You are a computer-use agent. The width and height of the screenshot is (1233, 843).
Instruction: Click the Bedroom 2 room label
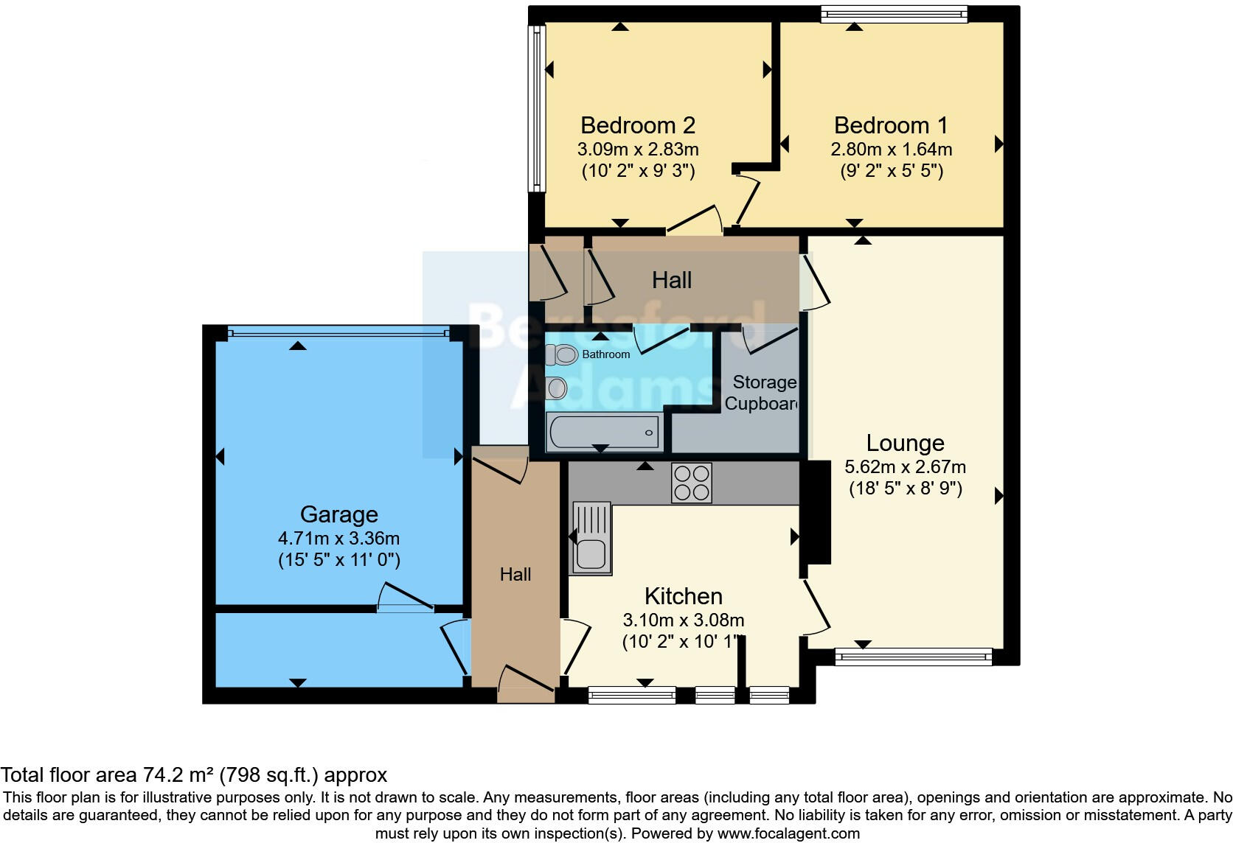[638, 125]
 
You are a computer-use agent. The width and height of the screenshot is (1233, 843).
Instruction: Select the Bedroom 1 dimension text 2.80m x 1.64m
[891, 150]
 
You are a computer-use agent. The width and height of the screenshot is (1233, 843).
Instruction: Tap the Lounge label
[905, 443]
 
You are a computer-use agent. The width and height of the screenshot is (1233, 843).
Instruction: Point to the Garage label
[338, 514]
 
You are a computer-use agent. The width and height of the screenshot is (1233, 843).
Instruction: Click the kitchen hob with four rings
[691, 483]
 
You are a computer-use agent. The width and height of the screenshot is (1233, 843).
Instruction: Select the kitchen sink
[591, 539]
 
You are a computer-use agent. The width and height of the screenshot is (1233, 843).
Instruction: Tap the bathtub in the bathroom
[602, 432]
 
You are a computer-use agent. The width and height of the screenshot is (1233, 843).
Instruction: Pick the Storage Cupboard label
[763, 393]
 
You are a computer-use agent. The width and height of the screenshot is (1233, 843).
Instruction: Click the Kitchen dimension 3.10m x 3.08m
[683, 620]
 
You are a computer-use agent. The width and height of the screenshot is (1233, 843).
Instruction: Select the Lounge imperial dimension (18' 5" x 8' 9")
[905, 489]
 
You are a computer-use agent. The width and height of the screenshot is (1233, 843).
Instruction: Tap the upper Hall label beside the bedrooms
[671, 280]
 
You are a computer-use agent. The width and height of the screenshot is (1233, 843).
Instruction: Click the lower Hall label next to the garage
[515, 575]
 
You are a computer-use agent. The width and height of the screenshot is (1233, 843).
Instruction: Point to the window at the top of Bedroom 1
[894, 14]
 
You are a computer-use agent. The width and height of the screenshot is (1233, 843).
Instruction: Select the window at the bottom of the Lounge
[913, 656]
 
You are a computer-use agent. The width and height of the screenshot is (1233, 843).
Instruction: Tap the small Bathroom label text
[605, 354]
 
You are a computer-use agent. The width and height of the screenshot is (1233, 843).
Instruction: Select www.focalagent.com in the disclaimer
[788, 833]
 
